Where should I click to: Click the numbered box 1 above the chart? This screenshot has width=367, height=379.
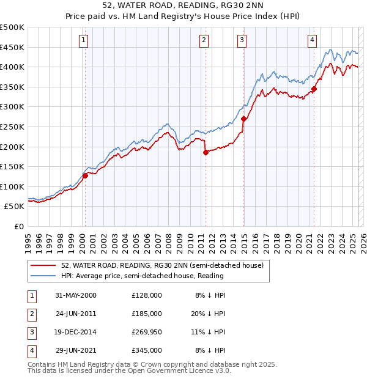click(83, 41)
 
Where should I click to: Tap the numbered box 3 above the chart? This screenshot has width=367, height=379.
click(242, 41)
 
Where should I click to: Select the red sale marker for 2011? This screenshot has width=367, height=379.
click(206, 153)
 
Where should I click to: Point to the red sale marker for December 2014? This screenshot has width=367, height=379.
click(243, 119)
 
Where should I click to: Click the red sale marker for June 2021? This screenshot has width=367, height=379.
click(314, 89)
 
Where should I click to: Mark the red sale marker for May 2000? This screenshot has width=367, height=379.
click(86, 175)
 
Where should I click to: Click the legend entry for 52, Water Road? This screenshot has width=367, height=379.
click(162, 265)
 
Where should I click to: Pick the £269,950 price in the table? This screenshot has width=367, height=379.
click(146, 332)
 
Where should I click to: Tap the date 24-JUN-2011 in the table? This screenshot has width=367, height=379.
click(76, 314)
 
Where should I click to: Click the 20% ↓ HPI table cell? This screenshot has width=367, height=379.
click(210, 314)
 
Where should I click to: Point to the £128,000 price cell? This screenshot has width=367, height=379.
click(146, 295)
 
